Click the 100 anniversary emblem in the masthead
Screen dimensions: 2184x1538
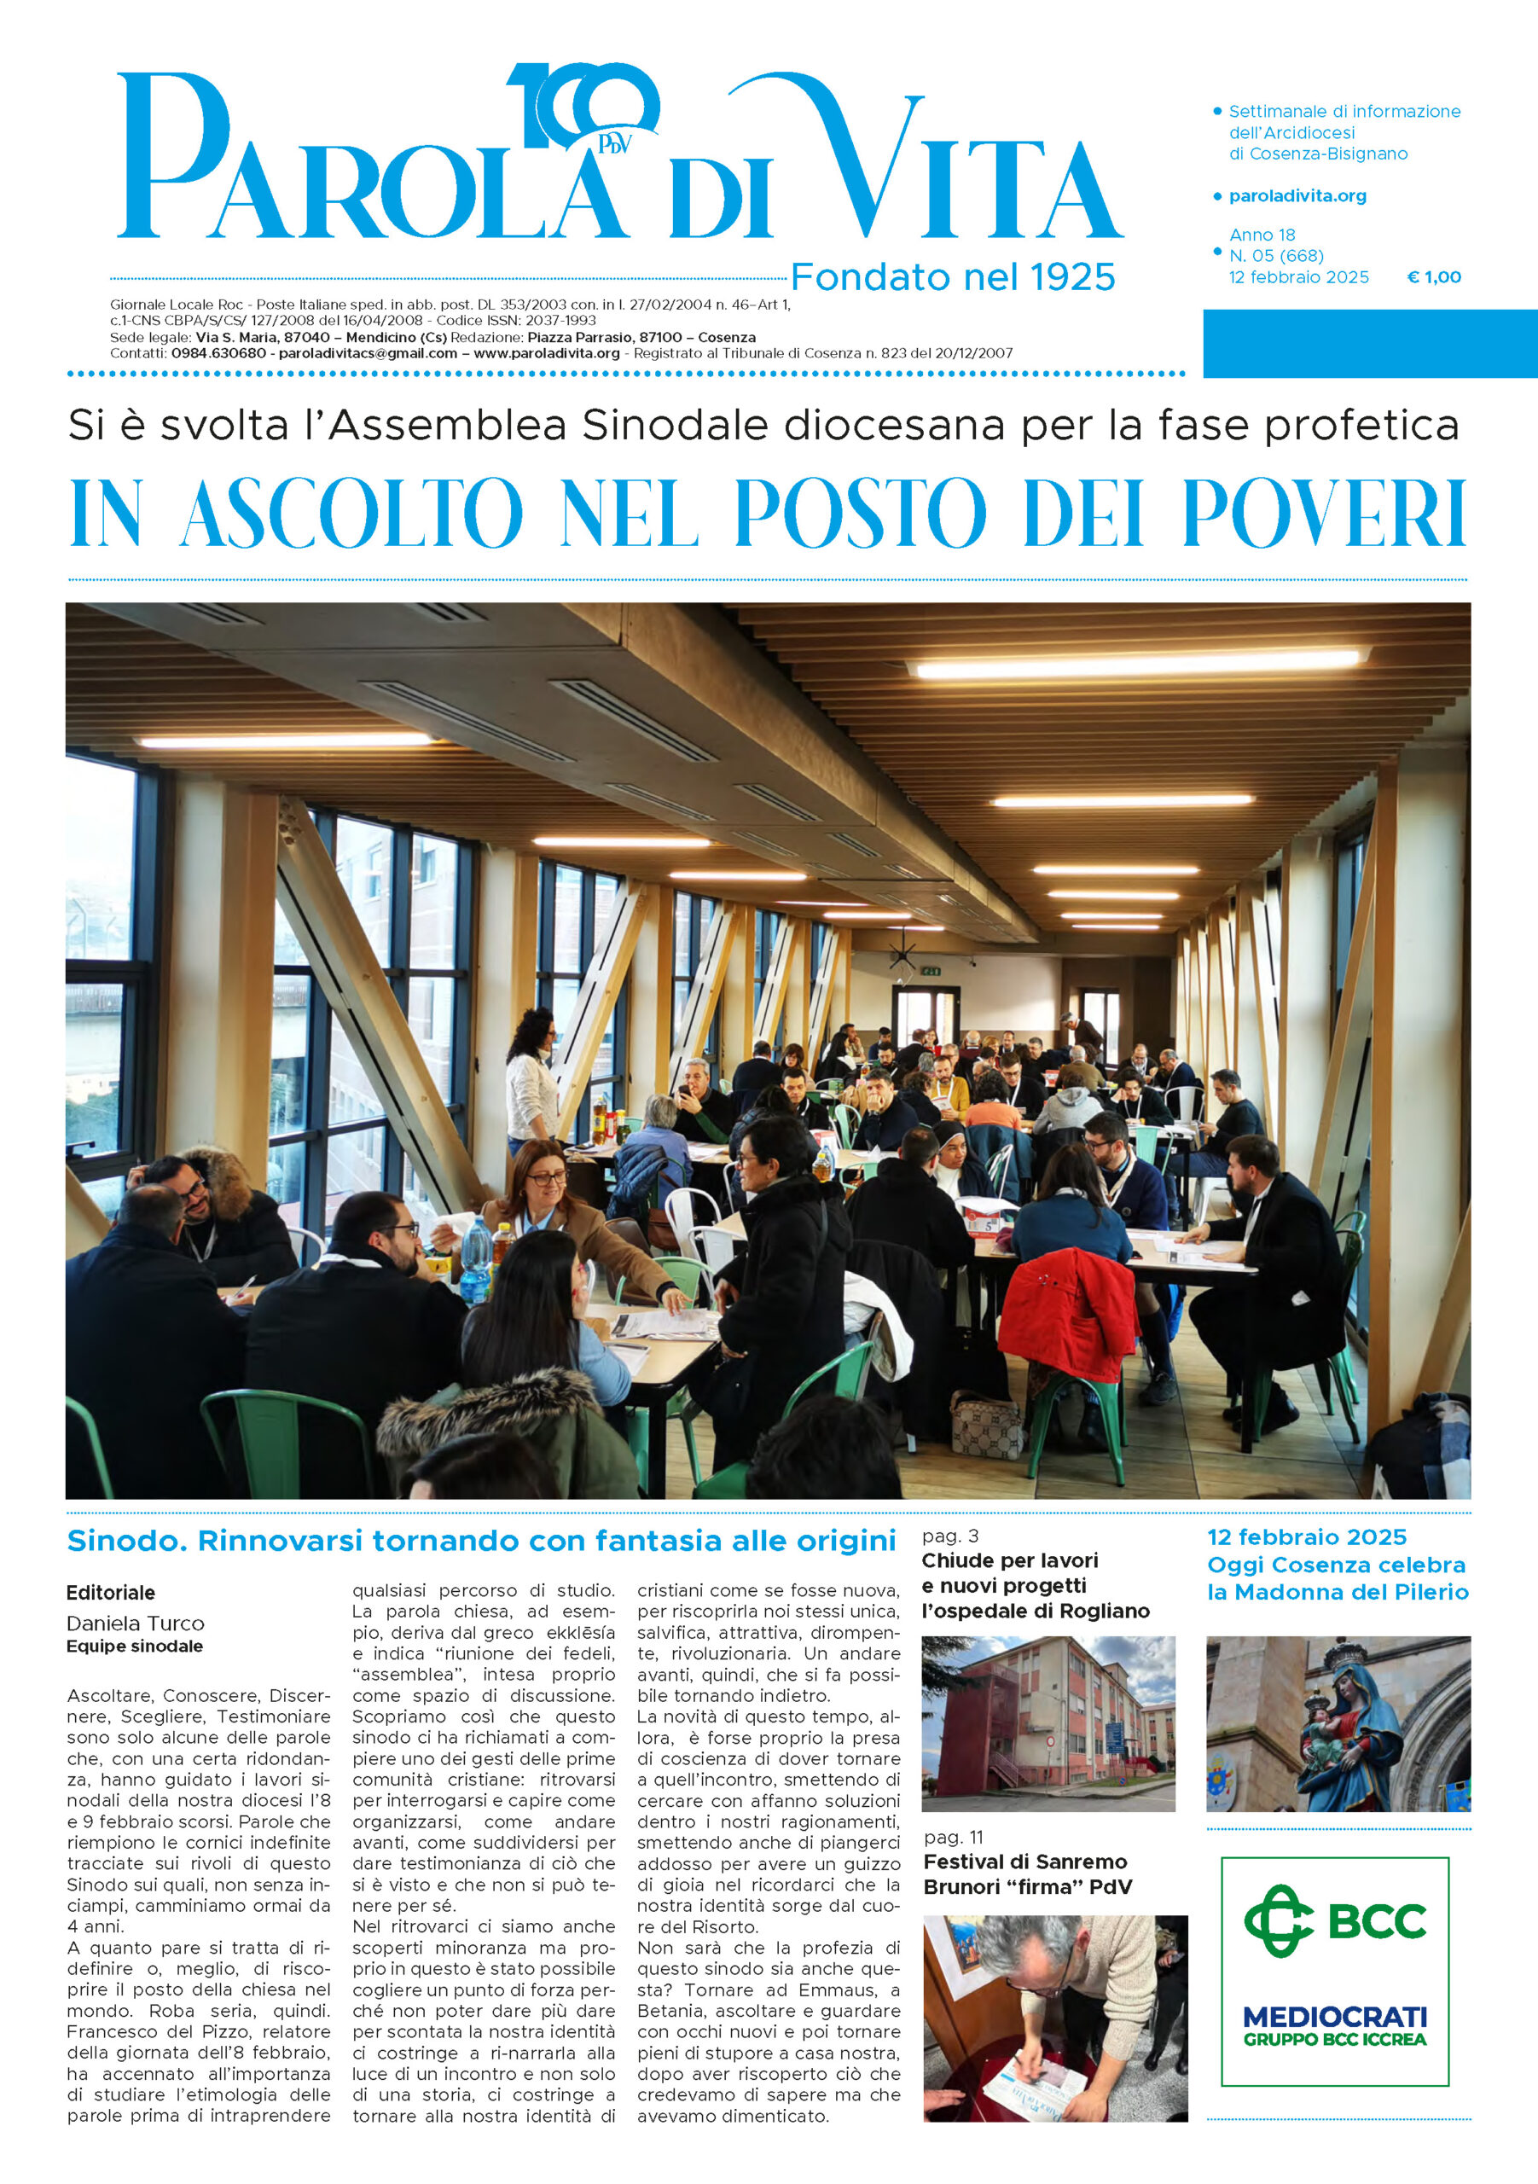[x=582, y=107]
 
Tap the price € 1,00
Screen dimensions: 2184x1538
[x=1433, y=276]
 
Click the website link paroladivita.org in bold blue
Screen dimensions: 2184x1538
[x=1297, y=196]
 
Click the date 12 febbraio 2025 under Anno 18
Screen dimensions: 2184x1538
[x=1298, y=276]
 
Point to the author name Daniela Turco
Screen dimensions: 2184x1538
[x=135, y=1623]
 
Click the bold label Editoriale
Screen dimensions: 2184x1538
[x=110, y=1592]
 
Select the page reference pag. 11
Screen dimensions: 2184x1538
[x=953, y=1837]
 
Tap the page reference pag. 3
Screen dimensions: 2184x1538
[x=949, y=1536]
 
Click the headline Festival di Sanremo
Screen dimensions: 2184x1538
[x=1024, y=1862]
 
